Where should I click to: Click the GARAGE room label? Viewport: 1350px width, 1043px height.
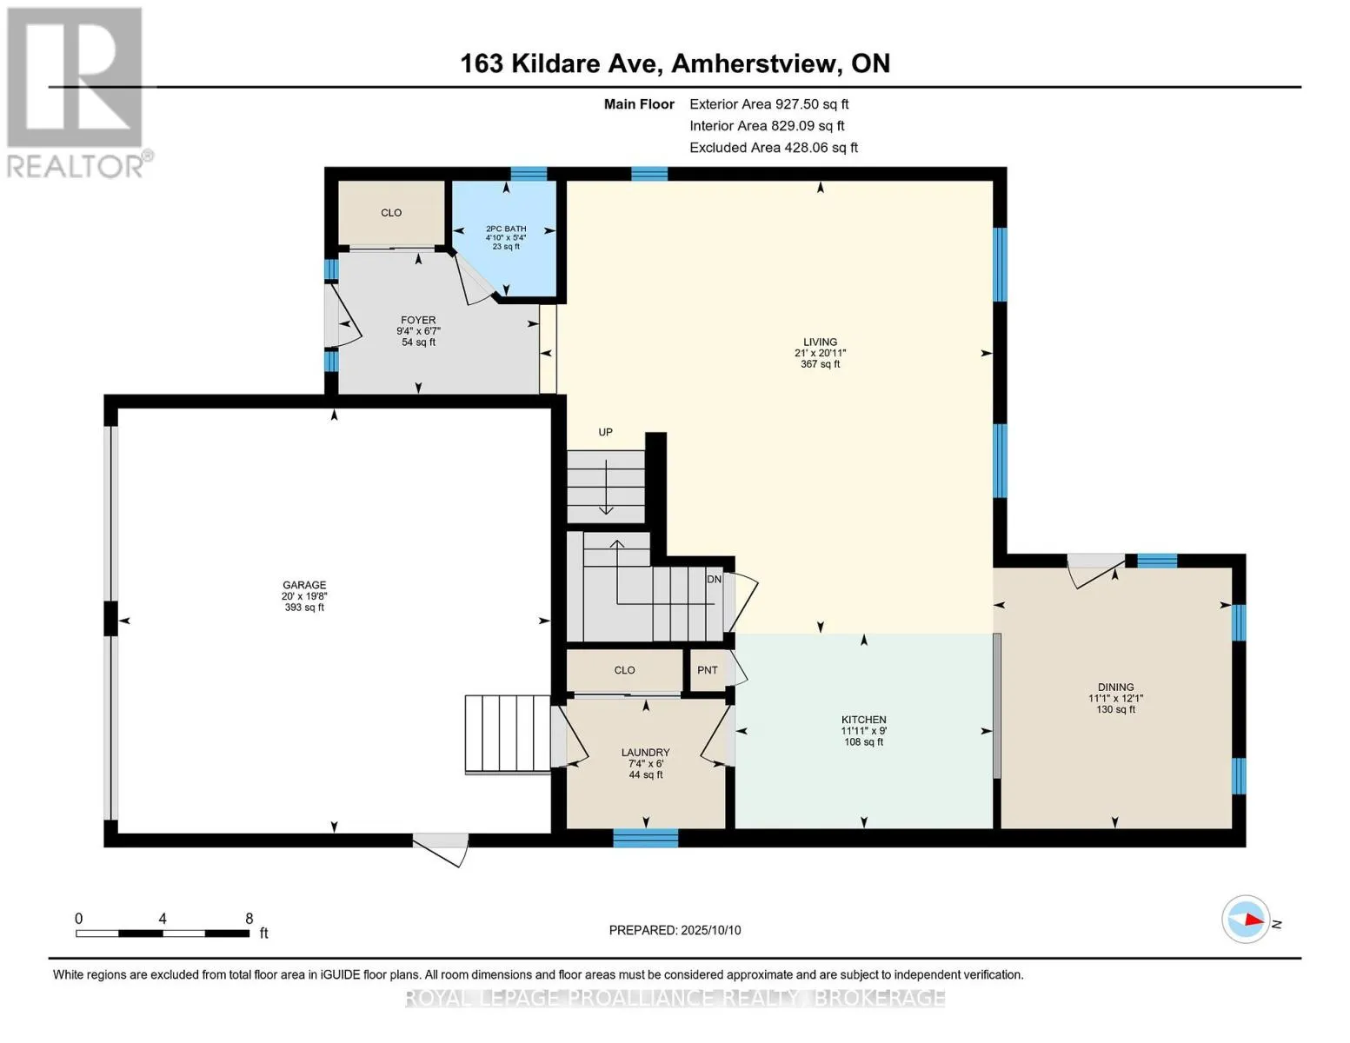[x=303, y=585]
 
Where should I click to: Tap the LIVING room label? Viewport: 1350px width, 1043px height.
[x=820, y=342]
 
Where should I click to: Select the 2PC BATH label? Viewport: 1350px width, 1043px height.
[x=506, y=229]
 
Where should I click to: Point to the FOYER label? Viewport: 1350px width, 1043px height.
[x=418, y=320]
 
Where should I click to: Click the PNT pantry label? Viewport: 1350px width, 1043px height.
[x=707, y=669]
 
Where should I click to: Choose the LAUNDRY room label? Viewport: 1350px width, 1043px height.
[x=646, y=753]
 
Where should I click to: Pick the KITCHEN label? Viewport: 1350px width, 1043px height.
[x=863, y=720]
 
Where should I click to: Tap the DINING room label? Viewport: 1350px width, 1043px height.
[x=1116, y=687]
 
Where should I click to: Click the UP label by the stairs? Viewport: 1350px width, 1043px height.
[x=605, y=432]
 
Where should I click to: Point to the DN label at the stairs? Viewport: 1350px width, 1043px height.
[x=714, y=579]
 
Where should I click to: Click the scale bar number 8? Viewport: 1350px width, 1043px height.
[x=249, y=918]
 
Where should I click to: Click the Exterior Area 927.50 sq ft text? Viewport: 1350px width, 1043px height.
[x=769, y=104]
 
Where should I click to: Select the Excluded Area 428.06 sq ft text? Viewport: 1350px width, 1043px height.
[x=774, y=148]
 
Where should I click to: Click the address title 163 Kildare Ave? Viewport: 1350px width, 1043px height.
[x=558, y=63]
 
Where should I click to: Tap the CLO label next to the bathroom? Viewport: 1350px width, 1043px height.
[x=391, y=212]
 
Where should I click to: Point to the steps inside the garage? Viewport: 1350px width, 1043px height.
[x=508, y=734]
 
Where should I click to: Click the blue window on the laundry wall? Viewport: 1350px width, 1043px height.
[x=646, y=838]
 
